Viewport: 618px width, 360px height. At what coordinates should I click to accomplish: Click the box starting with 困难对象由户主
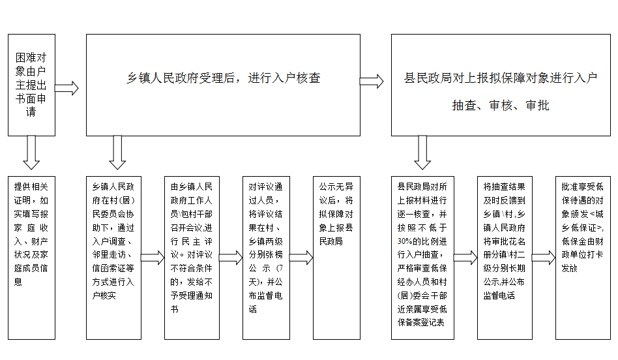click(x=31, y=85)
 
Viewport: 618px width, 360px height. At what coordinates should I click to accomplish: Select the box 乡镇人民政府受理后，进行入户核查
click(x=223, y=85)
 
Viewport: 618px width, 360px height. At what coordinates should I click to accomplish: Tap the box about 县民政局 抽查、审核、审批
click(x=501, y=85)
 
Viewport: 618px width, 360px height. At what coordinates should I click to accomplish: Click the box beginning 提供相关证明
click(x=31, y=258)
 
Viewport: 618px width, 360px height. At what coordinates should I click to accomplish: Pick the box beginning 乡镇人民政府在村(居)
click(x=113, y=258)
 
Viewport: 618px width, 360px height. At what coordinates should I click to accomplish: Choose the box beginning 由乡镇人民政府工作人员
click(x=192, y=258)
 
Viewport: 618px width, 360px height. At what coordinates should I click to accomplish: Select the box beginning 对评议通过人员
click(x=266, y=258)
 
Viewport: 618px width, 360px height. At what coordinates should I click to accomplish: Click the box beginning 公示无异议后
click(x=336, y=258)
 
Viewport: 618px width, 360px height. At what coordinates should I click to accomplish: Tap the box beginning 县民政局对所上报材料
click(x=422, y=258)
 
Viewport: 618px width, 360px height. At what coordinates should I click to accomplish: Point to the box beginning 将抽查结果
click(x=505, y=258)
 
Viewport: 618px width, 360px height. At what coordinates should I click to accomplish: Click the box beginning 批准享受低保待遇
click(x=583, y=258)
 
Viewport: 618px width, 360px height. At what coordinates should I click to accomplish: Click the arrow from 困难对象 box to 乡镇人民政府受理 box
click(x=66, y=88)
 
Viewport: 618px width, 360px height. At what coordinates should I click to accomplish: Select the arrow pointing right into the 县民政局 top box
click(x=372, y=82)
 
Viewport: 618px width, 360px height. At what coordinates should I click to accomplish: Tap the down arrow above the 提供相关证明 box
click(x=31, y=153)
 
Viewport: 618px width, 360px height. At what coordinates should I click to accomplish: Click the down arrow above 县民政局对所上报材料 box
click(x=422, y=153)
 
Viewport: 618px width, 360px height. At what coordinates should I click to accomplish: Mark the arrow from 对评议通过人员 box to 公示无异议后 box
click(x=301, y=258)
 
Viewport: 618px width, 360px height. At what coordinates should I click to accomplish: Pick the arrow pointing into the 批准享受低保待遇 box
click(x=544, y=258)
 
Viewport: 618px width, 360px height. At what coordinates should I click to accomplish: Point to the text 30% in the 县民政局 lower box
click(x=405, y=241)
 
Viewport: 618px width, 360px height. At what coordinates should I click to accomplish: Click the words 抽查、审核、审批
click(x=501, y=105)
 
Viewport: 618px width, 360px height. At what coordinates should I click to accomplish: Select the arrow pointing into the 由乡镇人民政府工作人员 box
click(x=153, y=258)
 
